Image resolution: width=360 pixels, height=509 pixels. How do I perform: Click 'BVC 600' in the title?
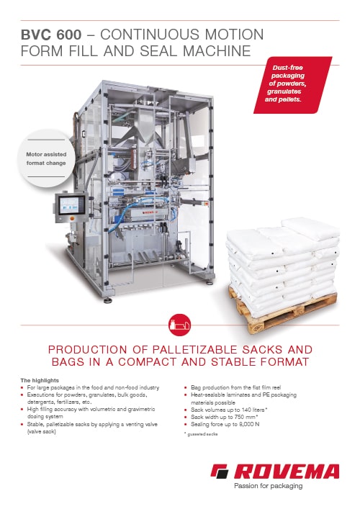[51, 35]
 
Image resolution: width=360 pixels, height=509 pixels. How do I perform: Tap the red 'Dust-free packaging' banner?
[292, 85]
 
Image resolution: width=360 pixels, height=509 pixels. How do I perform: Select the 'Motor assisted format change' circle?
[46, 158]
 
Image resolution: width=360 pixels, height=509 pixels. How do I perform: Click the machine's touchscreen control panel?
[72, 206]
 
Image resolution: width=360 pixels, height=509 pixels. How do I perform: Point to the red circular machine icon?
[180, 325]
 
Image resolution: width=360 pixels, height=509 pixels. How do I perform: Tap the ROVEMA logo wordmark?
[286, 472]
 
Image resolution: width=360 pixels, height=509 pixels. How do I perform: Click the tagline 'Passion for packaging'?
[268, 486]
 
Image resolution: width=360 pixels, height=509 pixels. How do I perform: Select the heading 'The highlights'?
[40, 380]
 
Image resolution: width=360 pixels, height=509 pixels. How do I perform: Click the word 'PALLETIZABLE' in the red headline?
[195, 350]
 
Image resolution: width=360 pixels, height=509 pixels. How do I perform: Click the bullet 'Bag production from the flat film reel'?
[235, 387]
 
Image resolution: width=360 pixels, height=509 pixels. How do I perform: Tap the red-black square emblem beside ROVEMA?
[220, 472]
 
